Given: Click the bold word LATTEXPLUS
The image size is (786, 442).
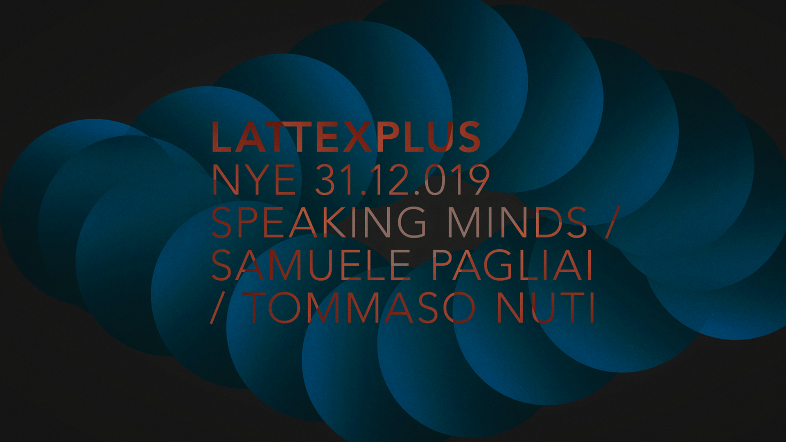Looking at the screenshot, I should tap(346, 137).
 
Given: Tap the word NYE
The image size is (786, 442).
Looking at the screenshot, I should tap(253, 180).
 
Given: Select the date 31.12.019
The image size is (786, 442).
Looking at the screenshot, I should tap(402, 180).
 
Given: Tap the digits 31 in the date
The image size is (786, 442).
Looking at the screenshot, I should tap(332, 180).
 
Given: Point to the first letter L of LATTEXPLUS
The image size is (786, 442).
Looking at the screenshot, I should tap(221, 137).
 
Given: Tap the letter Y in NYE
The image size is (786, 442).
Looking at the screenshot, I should tap(258, 180).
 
